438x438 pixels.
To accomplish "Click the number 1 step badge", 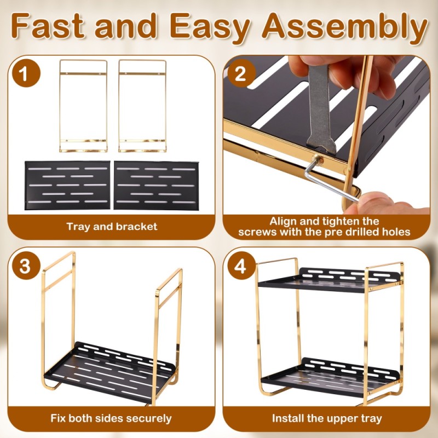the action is tap(26, 73).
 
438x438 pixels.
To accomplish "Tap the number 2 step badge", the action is tap(241, 73).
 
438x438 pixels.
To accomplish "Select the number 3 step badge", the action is tap(26, 266).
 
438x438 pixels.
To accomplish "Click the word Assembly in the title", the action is tap(344, 27).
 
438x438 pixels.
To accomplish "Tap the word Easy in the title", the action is tap(210, 27).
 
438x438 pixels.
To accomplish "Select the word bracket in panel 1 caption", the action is tap(136, 226).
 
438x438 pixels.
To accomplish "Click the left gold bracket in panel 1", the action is tap(60, 106).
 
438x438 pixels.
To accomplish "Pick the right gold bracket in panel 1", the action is tap(119, 106).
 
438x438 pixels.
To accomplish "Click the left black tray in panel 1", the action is tap(67, 185).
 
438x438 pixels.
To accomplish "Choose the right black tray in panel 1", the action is tap(156, 185).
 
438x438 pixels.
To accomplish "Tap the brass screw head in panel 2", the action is tap(318, 160).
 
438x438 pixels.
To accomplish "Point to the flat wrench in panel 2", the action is tap(321, 109).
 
